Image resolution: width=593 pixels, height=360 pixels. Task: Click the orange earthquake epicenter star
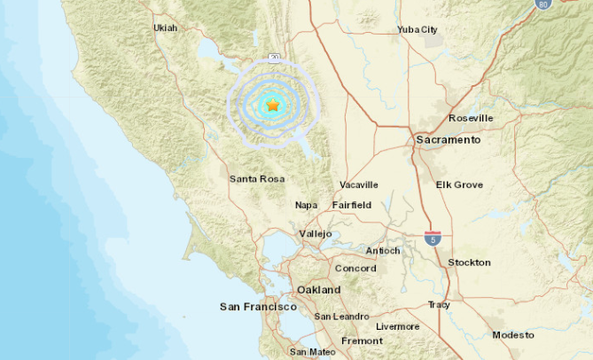pyautogui.click(x=273, y=106)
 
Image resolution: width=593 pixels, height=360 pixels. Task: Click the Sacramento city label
pyautogui.click(x=448, y=140)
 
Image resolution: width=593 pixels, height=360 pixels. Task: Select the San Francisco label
pyautogui.click(x=258, y=306)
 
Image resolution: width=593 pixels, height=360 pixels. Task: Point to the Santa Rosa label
pyautogui.click(x=257, y=179)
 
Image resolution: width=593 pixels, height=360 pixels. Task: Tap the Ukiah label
pyautogui.click(x=165, y=27)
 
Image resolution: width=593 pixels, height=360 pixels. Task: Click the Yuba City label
pyautogui.click(x=417, y=29)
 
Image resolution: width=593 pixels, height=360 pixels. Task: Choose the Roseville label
pyautogui.click(x=471, y=118)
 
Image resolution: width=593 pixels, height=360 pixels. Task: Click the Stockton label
pyautogui.click(x=469, y=262)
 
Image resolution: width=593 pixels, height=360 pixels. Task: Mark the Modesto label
pyautogui.click(x=513, y=334)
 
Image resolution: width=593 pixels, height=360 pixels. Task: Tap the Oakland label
pyautogui.click(x=318, y=290)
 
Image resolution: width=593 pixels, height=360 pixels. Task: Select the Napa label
pyautogui.click(x=306, y=205)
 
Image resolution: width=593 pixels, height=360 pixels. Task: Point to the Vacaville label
pyautogui.click(x=359, y=184)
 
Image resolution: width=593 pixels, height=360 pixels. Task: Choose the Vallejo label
pyautogui.click(x=315, y=233)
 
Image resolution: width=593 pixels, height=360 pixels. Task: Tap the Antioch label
pyautogui.click(x=383, y=251)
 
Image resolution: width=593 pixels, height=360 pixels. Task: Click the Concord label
pyautogui.click(x=355, y=269)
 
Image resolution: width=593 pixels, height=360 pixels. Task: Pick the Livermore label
pyautogui.click(x=397, y=326)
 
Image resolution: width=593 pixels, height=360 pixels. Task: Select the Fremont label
pyautogui.click(x=362, y=340)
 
